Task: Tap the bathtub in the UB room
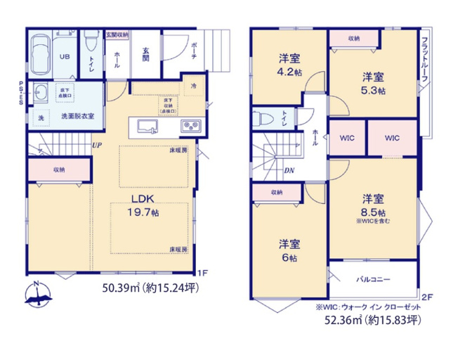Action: point(40,56)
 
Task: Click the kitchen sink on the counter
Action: point(148,127)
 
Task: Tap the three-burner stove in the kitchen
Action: point(190,127)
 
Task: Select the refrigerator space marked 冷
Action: point(194,86)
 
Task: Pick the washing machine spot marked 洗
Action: point(40,117)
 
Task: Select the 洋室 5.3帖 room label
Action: point(372,82)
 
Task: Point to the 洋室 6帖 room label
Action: point(289,249)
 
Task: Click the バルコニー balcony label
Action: point(372,279)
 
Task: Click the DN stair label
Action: point(289,171)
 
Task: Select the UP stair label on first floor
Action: point(96,146)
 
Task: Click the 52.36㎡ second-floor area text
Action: point(368,321)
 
